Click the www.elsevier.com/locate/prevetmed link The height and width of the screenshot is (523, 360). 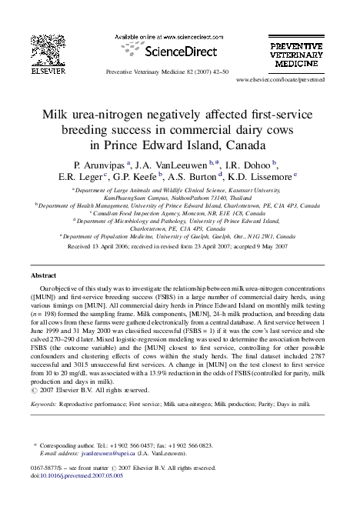click(280, 79)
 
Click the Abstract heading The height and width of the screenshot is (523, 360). click(44, 275)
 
